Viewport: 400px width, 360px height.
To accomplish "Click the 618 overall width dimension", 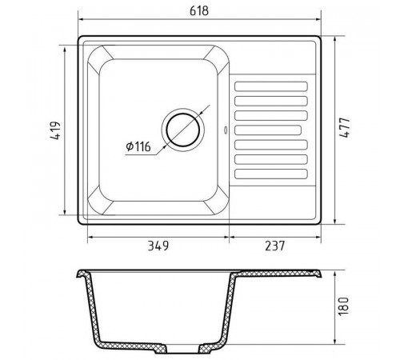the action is [199, 11].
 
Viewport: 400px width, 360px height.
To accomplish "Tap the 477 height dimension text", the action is [344, 127].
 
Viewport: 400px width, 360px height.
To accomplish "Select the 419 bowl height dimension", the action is [55, 130].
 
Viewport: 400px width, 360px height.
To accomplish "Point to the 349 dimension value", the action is [158, 246].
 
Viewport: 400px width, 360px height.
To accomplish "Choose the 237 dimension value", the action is [275, 246].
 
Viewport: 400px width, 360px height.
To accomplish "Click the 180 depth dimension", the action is [343, 306].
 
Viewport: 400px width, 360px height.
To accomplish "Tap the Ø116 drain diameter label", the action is [138, 146].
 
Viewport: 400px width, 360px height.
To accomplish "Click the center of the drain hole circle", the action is [183, 130].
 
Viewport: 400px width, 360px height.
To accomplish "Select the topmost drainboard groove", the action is [271, 86].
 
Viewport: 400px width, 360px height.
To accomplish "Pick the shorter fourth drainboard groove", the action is [268, 130].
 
